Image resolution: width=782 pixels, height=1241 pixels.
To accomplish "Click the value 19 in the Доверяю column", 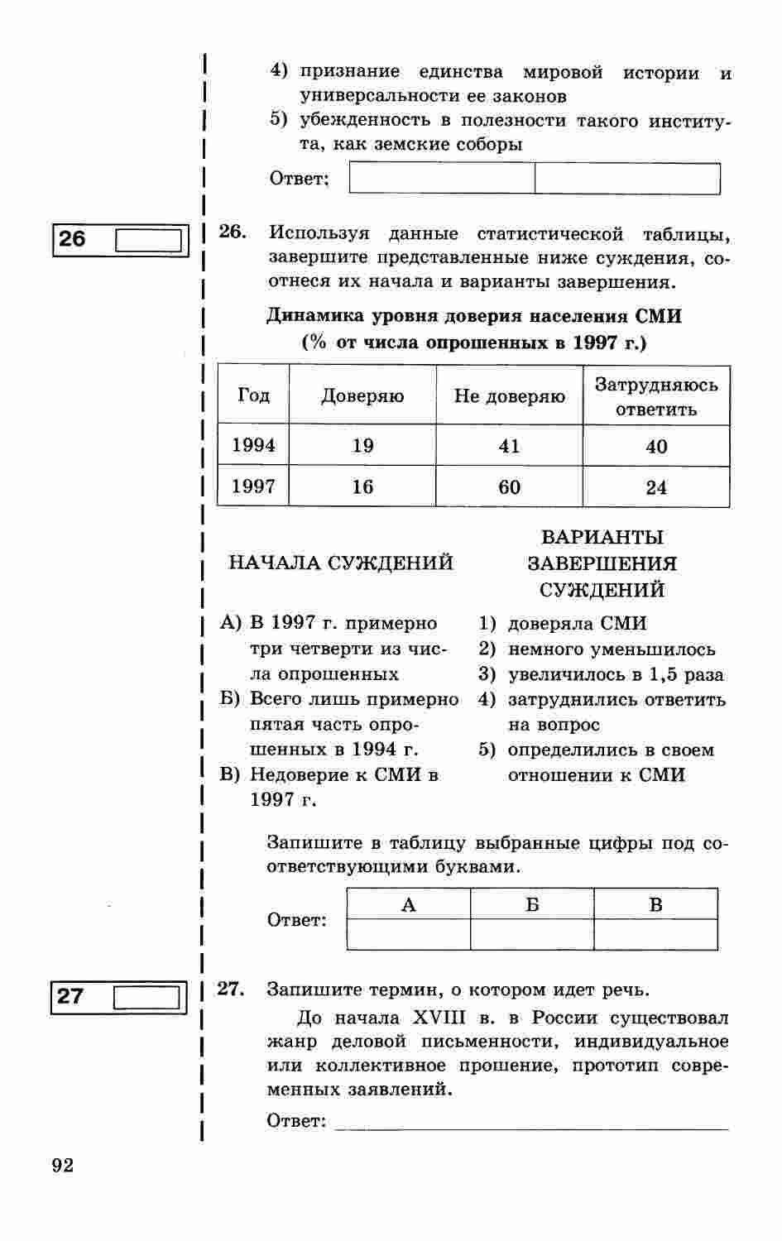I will tap(362, 446).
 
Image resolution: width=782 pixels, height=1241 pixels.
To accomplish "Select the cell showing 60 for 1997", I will tap(509, 486).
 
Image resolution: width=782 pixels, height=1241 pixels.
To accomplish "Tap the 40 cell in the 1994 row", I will tap(656, 447).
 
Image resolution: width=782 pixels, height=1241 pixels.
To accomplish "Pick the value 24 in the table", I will tap(656, 487).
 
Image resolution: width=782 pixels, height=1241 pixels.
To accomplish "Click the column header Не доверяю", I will tap(509, 396).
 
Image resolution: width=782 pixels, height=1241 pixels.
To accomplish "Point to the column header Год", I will tap(253, 395).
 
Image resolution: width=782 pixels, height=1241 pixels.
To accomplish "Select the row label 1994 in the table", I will tap(253, 445).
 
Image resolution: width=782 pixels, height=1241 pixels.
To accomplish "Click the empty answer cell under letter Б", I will tap(532, 934).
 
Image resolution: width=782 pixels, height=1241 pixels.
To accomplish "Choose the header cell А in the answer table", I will tap(408, 904).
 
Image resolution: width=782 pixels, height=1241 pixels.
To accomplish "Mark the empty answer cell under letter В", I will tap(655, 934).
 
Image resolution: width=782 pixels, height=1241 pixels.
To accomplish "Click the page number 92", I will tap(63, 1166).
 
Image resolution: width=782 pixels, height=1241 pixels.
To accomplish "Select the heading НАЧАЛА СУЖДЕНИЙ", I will tap(340, 563).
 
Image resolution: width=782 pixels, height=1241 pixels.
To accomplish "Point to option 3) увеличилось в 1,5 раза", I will tap(602, 674).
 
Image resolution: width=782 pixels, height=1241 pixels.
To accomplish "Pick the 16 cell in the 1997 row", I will tap(362, 486).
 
